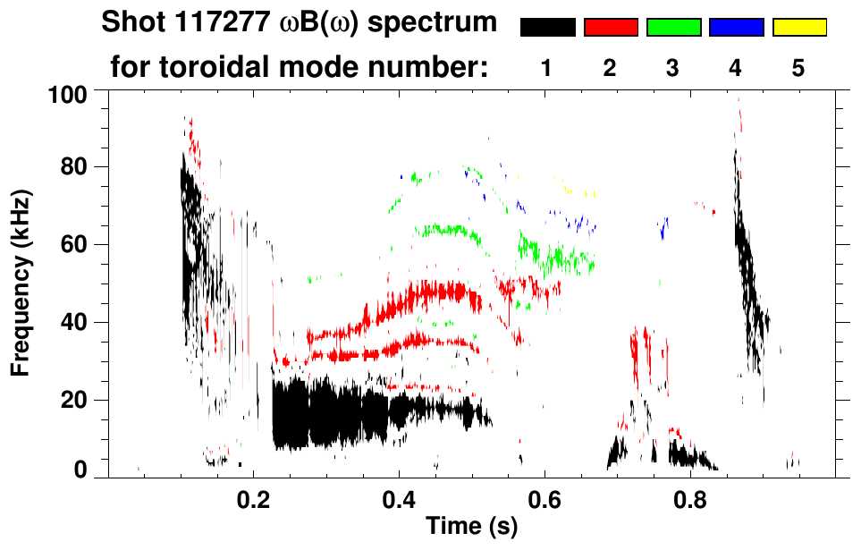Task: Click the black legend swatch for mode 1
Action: (547, 28)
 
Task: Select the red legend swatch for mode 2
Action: (611, 28)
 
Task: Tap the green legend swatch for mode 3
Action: (673, 28)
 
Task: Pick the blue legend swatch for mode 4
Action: (736, 28)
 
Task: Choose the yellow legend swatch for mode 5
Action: (798, 28)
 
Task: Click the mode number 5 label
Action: (798, 69)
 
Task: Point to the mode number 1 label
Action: (547, 69)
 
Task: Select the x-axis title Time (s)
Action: (470, 527)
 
